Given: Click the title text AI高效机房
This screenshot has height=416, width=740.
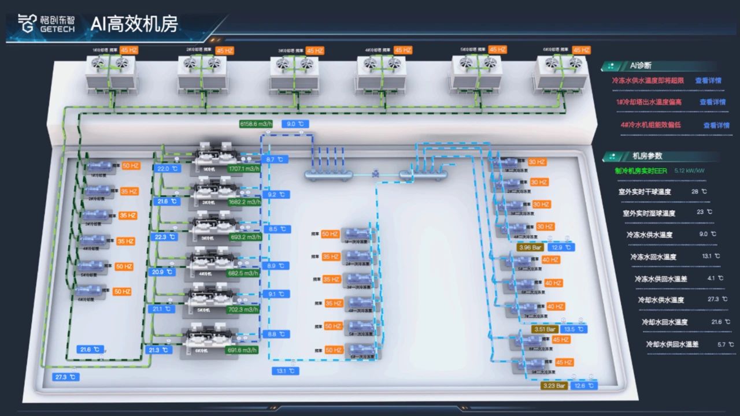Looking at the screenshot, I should (134, 24).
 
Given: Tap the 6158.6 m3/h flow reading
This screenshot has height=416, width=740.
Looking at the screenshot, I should (256, 124).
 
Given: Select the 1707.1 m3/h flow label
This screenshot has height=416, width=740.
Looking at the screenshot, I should (243, 169).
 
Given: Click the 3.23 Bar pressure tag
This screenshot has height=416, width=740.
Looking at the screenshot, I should (554, 386).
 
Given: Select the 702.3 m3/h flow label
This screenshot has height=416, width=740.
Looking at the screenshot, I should (243, 309).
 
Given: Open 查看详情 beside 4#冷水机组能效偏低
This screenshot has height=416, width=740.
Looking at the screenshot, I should (716, 125).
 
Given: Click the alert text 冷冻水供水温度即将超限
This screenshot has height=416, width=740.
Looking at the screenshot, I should (647, 81).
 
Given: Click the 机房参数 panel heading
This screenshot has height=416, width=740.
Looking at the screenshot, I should (647, 156).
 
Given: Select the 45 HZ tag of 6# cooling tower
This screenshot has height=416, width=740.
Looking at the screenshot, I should (581, 50).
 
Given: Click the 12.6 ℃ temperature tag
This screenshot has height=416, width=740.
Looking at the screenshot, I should (583, 386).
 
